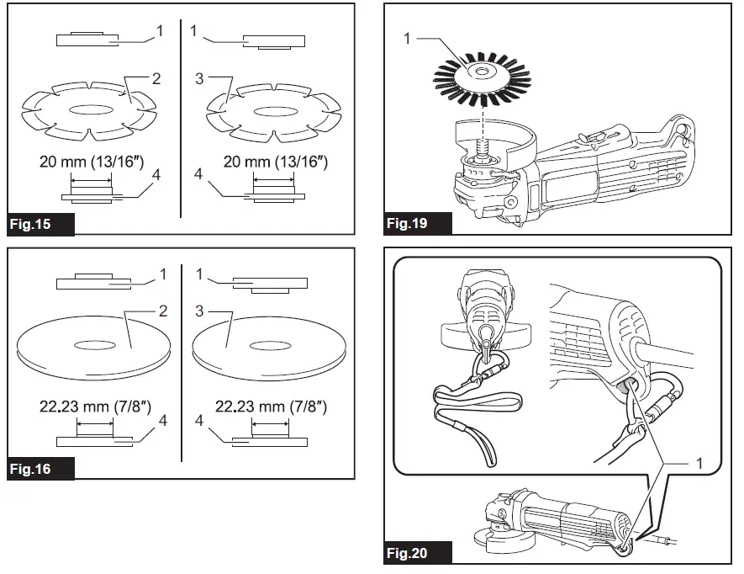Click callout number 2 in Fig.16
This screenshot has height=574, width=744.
click(161, 311)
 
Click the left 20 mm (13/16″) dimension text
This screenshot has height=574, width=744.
click(92, 162)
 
